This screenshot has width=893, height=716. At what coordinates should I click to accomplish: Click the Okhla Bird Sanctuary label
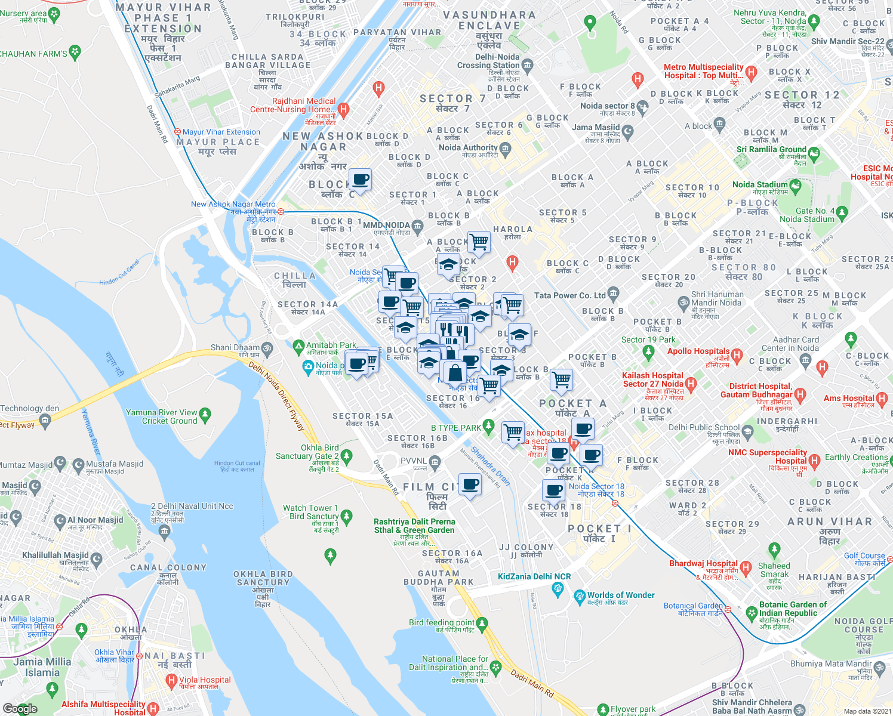(263, 582)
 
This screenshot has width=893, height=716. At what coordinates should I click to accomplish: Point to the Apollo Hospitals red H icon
(737, 356)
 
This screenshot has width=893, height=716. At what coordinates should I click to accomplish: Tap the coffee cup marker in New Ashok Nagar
(360, 179)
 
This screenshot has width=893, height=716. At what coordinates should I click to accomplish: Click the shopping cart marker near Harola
(479, 242)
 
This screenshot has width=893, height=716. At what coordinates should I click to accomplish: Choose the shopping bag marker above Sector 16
(455, 373)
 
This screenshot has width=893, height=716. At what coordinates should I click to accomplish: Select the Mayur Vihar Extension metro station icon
(177, 132)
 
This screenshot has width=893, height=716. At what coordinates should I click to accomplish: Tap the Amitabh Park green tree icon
(298, 345)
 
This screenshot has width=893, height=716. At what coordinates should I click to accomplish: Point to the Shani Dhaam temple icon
(267, 347)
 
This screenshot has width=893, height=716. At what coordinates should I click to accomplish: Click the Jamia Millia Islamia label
(42, 666)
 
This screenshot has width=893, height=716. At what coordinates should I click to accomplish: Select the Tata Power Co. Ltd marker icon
(614, 295)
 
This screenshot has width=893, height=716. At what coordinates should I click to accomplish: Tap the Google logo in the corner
(20, 708)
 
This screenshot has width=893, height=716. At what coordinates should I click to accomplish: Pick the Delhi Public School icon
(747, 430)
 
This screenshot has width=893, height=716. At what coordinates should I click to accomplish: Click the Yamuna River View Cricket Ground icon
(205, 413)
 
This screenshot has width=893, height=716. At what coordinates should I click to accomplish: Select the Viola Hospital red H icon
(172, 680)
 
